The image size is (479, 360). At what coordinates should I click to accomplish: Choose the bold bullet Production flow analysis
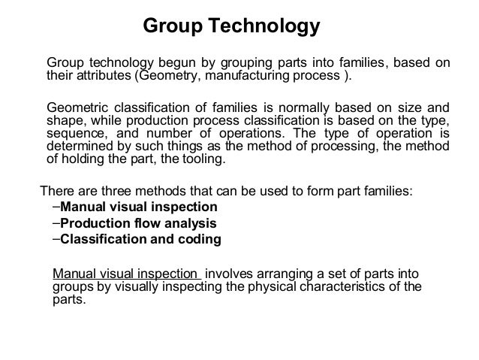(138, 223)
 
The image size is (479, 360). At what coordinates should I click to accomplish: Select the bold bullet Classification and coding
(140, 240)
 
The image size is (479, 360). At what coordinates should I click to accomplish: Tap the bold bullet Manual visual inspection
(138, 207)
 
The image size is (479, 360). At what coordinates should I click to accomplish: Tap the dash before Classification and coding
(56, 240)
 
